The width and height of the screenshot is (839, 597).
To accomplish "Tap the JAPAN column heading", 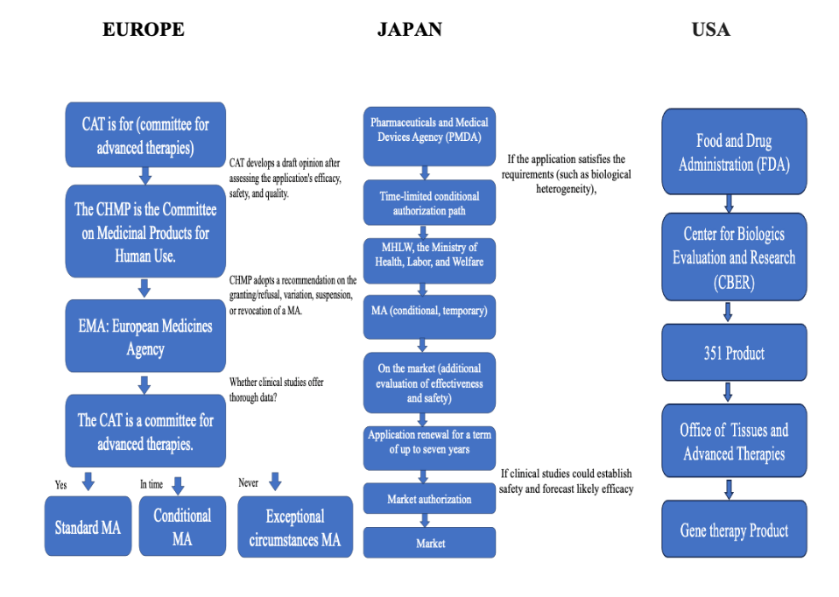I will pyautogui.click(x=409, y=29).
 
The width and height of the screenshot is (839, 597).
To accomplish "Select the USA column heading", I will pyautogui.click(x=710, y=29).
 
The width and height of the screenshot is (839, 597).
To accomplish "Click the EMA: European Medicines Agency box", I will pyautogui.click(x=145, y=337).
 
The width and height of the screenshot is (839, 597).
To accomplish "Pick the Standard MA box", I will pyautogui.click(x=88, y=527).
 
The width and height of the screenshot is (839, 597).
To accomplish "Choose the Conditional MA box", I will pyautogui.click(x=182, y=527).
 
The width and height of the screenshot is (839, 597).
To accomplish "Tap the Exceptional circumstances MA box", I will pyautogui.click(x=294, y=528).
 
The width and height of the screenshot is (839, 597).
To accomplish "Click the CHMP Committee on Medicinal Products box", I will pyautogui.click(x=145, y=232).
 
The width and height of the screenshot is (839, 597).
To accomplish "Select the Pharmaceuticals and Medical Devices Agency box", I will pyautogui.click(x=429, y=130).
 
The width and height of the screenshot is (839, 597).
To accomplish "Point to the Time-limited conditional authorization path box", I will pyautogui.click(x=429, y=203).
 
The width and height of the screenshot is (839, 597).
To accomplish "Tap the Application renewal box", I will pyautogui.click(x=429, y=442).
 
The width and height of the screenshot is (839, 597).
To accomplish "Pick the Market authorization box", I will pyautogui.click(x=429, y=499).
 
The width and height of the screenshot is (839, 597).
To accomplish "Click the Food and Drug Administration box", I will pyautogui.click(x=734, y=152).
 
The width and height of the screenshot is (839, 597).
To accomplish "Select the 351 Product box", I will pyautogui.click(x=734, y=354).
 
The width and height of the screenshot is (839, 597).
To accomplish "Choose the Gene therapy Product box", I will pyautogui.click(x=734, y=530).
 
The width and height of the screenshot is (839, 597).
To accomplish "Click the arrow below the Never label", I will pyautogui.click(x=275, y=481).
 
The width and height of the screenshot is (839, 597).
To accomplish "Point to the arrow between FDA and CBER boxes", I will pyautogui.click(x=729, y=204).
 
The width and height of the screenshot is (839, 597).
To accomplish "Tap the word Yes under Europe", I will pyautogui.click(x=60, y=483).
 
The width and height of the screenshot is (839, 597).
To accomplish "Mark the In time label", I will pyautogui.click(x=152, y=484).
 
